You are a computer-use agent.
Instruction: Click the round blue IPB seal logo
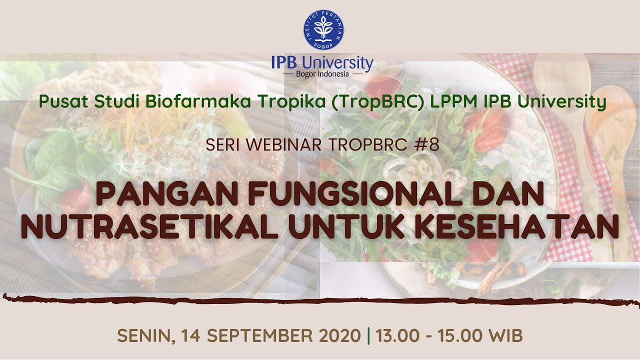(x=323, y=29)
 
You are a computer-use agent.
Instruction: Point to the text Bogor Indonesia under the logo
(x=323, y=74)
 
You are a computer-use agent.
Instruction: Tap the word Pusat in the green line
(x=59, y=102)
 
